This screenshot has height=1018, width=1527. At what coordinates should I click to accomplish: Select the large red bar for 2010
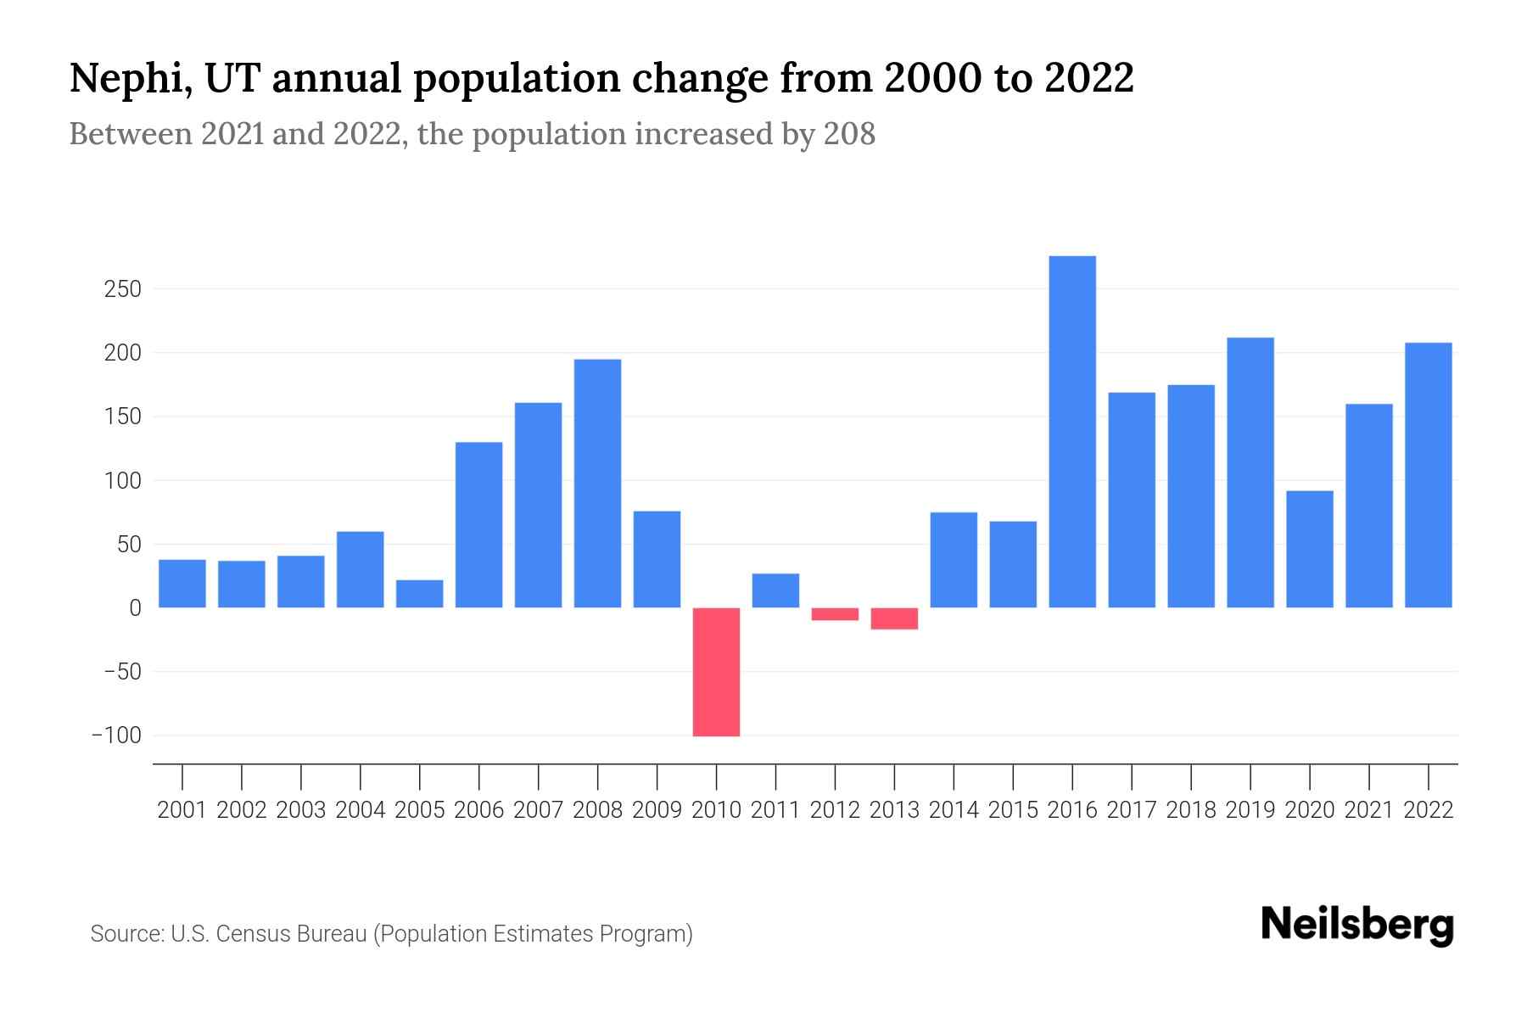pos(716,672)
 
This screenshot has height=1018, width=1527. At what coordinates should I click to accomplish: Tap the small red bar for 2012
pos(835,614)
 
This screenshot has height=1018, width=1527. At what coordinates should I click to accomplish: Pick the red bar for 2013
pos(894,618)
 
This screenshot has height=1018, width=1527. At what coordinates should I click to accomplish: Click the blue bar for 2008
pos(597,484)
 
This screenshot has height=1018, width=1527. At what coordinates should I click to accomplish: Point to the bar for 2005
pos(419,594)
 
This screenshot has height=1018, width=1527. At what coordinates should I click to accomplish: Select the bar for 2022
pos(1429,475)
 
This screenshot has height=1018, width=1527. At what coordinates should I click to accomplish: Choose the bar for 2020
pos(1310,549)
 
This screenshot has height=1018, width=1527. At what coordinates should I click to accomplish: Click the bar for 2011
pos(775,590)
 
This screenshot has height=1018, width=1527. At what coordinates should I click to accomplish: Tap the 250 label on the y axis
pos(122,289)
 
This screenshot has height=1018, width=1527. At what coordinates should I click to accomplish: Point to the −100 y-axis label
pos(116,736)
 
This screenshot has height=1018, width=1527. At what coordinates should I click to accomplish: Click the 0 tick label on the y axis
pos(134,608)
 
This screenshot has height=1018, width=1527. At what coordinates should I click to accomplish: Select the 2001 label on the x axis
pos(182,810)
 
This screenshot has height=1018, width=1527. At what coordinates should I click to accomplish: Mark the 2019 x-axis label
pos(1250,810)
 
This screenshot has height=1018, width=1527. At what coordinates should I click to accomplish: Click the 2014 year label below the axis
pos(954,810)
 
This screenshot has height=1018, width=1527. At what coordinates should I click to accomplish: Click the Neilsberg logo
pos(1356,926)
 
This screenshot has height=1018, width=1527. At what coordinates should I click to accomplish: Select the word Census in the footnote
pos(252,934)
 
